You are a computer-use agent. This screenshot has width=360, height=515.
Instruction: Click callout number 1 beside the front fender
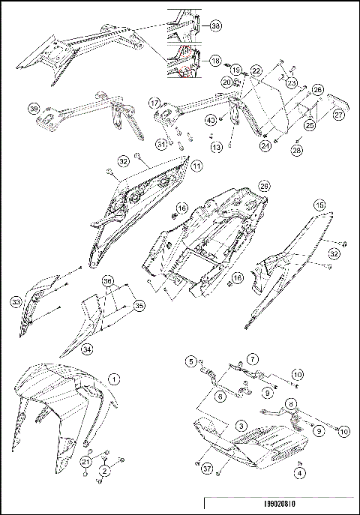pos(114,379)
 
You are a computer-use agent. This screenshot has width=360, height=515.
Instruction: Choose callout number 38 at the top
pos(216,26)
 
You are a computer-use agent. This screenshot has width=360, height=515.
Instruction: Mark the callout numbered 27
pos(338,115)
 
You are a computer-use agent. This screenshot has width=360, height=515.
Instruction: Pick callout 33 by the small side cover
pos(15,302)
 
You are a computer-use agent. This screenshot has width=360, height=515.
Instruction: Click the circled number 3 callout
pos(241,425)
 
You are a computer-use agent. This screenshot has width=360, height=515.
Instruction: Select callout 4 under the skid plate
pos(300,473)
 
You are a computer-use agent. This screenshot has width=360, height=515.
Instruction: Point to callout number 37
pos(205,469)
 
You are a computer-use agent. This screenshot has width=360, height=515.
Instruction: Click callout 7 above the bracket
pos(253,360)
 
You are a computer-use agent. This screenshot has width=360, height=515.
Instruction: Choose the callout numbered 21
pos(86,463)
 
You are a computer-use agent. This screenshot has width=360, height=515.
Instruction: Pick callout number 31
pos(160,145)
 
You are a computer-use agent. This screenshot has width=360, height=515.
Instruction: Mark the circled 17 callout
pos(154,103)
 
